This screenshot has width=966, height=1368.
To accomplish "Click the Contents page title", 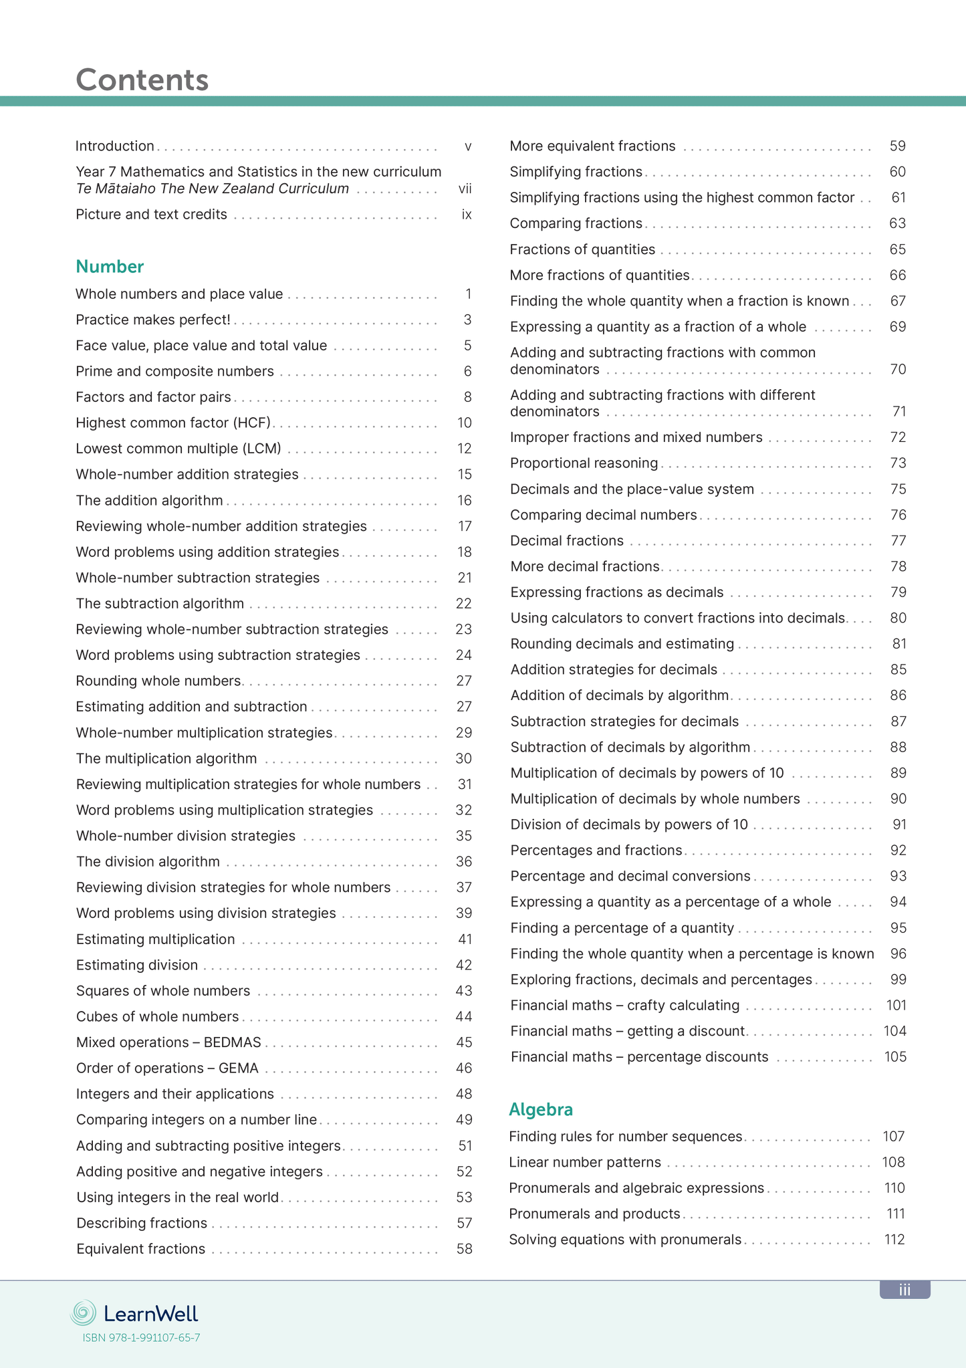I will pos(142,80).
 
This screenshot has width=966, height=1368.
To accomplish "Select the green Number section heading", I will pos(110,267).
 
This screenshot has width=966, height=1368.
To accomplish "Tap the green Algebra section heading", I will pos(541,1109).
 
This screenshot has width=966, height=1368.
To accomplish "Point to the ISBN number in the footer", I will pos(141,1338).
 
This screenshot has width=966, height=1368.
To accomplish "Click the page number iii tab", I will pos(904,1290).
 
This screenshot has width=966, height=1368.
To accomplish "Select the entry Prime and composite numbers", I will pos(174,371).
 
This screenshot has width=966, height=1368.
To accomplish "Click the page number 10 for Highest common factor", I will pos(465,423).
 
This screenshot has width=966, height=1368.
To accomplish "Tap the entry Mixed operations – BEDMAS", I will pos(168,1042).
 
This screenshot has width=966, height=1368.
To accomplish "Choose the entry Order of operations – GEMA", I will pos(167,1068).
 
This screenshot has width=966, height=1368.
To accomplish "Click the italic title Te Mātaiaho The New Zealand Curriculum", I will pos(212,189).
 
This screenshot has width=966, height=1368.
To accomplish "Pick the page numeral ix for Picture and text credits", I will pos(467,215).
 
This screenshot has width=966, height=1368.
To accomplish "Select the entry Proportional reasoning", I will pos(584,463).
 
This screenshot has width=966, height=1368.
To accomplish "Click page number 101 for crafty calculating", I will pos(896,1005).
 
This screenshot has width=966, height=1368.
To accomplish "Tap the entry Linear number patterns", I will pos(585,1162).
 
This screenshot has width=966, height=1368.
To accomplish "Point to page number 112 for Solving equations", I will pos(894,1240).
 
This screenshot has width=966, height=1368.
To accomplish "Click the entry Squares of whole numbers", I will pos(163,990).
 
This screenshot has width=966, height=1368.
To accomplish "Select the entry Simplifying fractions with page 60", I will pos(576,172).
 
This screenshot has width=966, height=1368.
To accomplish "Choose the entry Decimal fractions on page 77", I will pos(566,540).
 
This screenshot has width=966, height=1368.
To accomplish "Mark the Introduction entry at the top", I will pos(115,146).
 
